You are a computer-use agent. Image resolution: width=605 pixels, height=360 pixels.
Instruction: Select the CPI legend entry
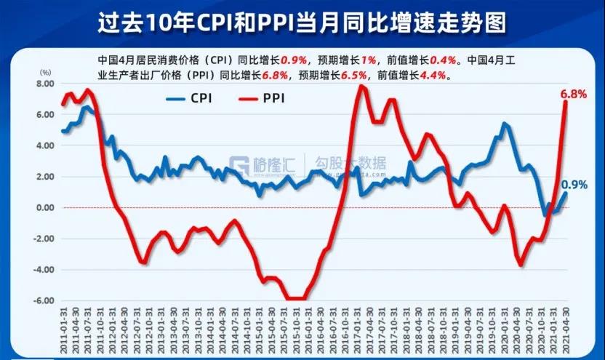191,97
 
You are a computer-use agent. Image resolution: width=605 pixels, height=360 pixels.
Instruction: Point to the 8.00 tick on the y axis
44,84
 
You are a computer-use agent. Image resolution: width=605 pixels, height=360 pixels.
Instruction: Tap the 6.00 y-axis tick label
44,115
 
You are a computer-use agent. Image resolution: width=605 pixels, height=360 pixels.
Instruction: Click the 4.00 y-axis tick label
44,145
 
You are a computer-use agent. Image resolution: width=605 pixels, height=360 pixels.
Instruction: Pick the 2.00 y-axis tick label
44,177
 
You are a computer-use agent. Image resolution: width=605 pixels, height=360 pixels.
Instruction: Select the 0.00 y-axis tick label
44,208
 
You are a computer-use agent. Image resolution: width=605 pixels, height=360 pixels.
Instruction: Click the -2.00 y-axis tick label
43,239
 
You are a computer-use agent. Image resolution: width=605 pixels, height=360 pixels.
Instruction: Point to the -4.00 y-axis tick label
43,270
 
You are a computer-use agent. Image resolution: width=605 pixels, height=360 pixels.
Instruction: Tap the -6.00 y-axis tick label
43,300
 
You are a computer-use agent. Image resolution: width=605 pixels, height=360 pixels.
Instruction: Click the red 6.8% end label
573,94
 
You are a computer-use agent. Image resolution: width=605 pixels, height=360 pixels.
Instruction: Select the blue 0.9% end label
574,185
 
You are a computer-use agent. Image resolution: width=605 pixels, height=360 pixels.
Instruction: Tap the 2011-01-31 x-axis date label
64,331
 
